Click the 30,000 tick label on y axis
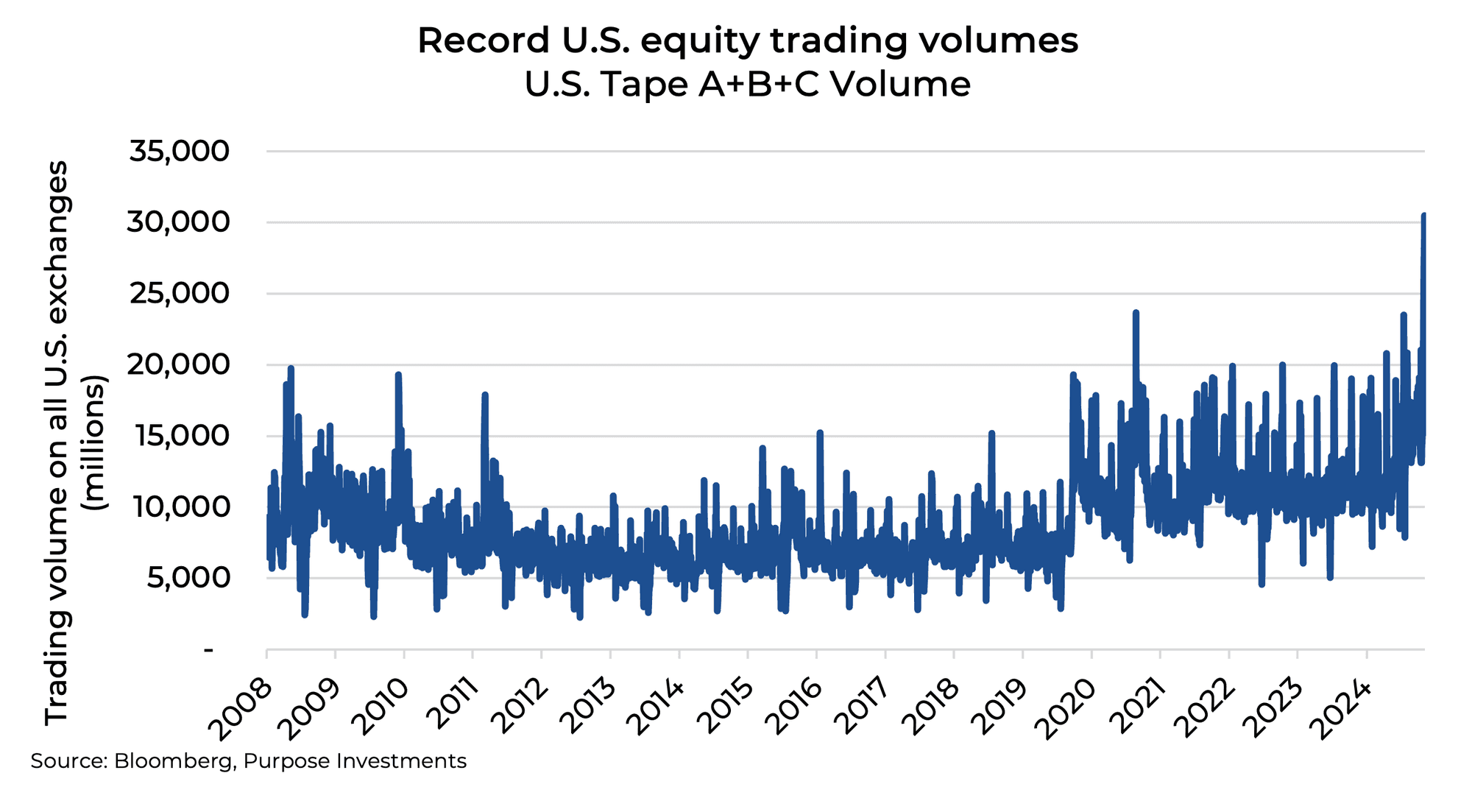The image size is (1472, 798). [178, 222]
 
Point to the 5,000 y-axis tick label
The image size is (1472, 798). [188, 578]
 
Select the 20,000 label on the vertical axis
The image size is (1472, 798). [178, 364]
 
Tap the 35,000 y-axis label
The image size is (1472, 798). [180, 152]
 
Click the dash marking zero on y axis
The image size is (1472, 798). [209, 650]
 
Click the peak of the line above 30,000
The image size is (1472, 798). [1423, 216]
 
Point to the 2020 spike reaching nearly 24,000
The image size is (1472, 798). [1136, 313]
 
